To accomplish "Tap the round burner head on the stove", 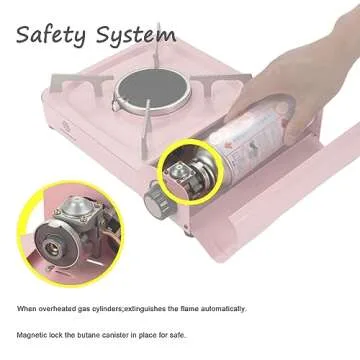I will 140,94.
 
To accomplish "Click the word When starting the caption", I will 26,309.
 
